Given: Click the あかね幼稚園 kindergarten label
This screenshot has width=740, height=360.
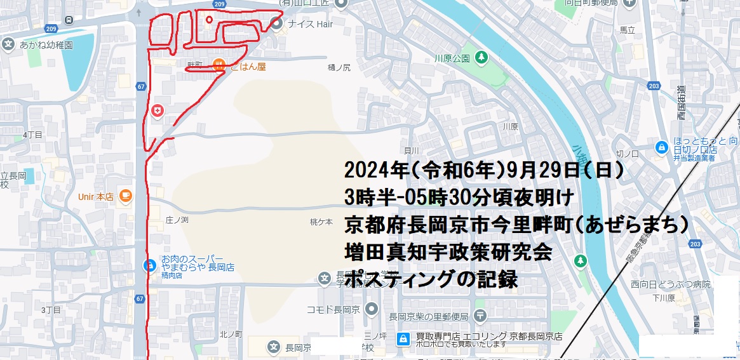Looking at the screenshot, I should pos(46,45).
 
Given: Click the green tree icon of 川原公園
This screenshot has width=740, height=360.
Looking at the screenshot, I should pos(481,58).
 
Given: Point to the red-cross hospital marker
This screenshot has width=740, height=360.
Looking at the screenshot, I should pos(157,112).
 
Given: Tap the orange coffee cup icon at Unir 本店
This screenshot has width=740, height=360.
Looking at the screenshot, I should pos(124,196).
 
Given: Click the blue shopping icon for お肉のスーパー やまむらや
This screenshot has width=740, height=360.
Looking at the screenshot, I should pos(150,265).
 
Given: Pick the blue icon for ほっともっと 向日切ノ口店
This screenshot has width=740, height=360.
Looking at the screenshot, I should pos(661,147).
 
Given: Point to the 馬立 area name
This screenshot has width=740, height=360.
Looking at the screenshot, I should pos(628,30).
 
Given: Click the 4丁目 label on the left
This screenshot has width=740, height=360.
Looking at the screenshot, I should pos(32,135).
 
